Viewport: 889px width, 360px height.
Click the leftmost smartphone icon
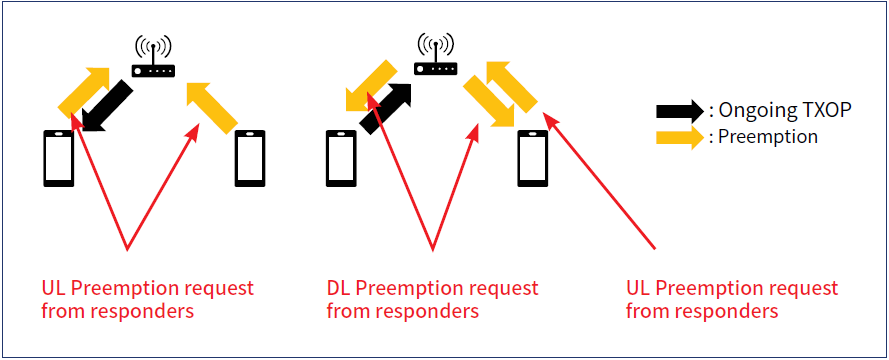58,159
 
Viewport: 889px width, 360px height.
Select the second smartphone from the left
250,159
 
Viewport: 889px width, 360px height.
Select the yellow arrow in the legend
679,137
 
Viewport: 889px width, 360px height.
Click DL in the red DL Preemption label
339,289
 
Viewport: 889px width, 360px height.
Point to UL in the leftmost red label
54,289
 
